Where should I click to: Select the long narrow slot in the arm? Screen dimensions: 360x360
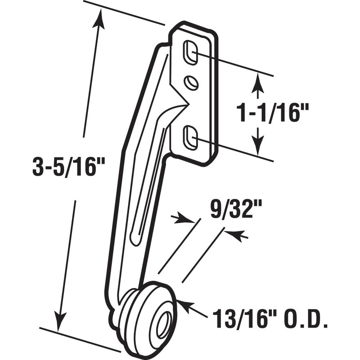[148, 189]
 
